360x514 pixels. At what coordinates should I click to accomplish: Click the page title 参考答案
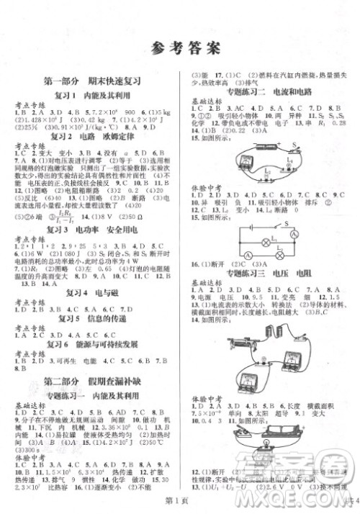click(180, 49)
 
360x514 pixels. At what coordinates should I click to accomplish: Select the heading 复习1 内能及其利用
click(91, 95)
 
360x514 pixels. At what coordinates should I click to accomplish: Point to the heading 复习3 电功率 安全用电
click(91, 228)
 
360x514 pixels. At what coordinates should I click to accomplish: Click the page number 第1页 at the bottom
click(179, 503)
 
